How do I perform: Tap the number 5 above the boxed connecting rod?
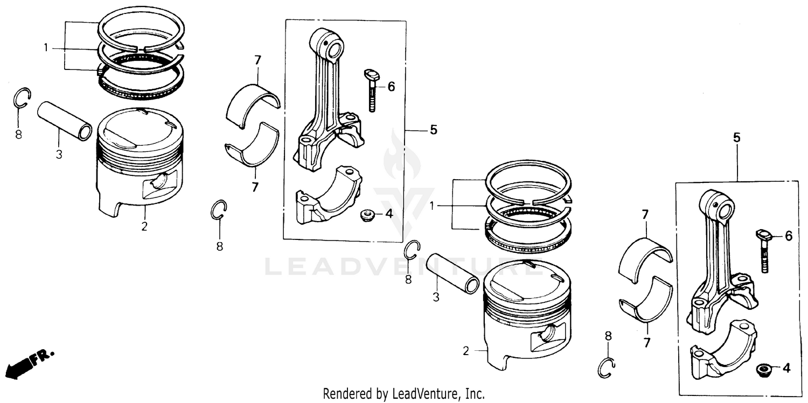[x=736, y=138]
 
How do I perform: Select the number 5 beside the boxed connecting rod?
[x=433, y=130]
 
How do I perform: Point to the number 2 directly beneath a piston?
[x=144, y=227]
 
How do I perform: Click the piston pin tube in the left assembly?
[x=65, y=123]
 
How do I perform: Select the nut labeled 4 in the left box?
[x=367, y=215]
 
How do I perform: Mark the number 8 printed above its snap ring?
[x=608, y=336]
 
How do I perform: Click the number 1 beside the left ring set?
[x=46, y=48]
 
